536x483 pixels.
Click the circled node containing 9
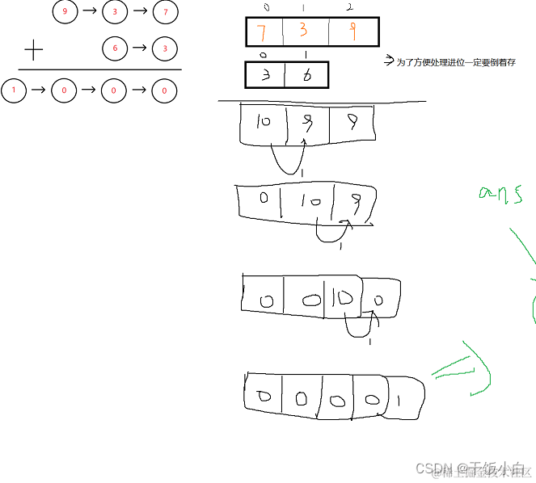[x=65, y=12]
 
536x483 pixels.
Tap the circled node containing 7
[x=165, y=12]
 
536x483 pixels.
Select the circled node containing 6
[x=115, y=48]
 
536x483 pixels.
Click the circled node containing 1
[x=14, y=90]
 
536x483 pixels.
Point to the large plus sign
[x=33, y=52]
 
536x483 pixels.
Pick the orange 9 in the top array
[x=352, y=32]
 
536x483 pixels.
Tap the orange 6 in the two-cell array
[x=307, y=76]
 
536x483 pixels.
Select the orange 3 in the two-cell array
[x=265, y=76]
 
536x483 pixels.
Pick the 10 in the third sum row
[x=343, y=298]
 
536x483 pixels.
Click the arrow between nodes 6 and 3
[x=139, y=48]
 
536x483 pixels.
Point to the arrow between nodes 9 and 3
[x=89, y=12]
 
